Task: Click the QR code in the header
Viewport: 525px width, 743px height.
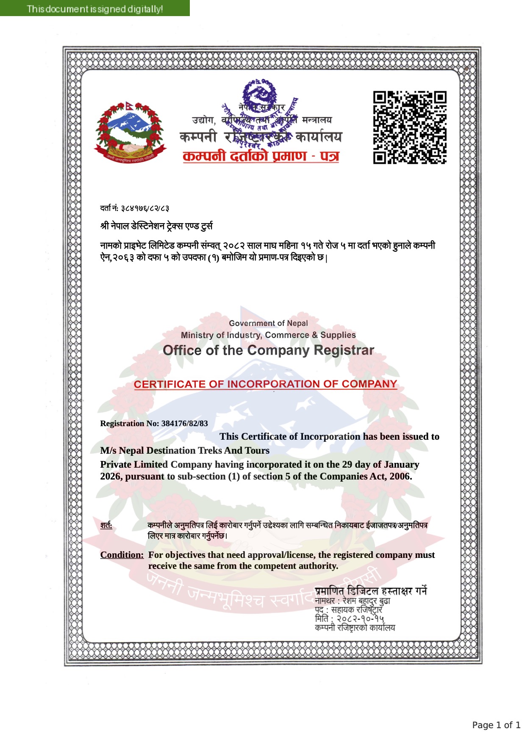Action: [x=409, y=127]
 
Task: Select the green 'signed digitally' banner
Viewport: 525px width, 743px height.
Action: [x=95, y=8]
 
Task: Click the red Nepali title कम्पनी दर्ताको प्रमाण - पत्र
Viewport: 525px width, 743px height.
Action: [x=261, y=156]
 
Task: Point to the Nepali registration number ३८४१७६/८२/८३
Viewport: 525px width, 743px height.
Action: [x=145, y=208]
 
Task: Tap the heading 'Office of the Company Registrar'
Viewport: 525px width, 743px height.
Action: [x=268, y=350]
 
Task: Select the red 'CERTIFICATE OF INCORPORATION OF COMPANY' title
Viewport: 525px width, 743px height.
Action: [x=265, y=384]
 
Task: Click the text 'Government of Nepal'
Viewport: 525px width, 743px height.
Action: [x=268, y=323]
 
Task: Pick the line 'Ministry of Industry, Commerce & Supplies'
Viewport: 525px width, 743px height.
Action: [x=268, y=335]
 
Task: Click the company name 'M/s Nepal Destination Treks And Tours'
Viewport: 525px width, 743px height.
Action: [x=185, y=450]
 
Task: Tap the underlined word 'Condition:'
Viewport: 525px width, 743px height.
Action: [x=122, y=555]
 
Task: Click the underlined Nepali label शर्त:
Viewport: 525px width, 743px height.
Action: [x=106, y=526]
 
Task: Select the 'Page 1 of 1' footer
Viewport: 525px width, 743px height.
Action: [x=496, y=725]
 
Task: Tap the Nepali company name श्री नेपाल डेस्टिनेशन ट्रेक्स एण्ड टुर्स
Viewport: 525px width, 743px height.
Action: [x=156, y=226]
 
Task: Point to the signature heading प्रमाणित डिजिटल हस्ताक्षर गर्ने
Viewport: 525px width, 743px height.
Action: [x=371, y=591]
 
